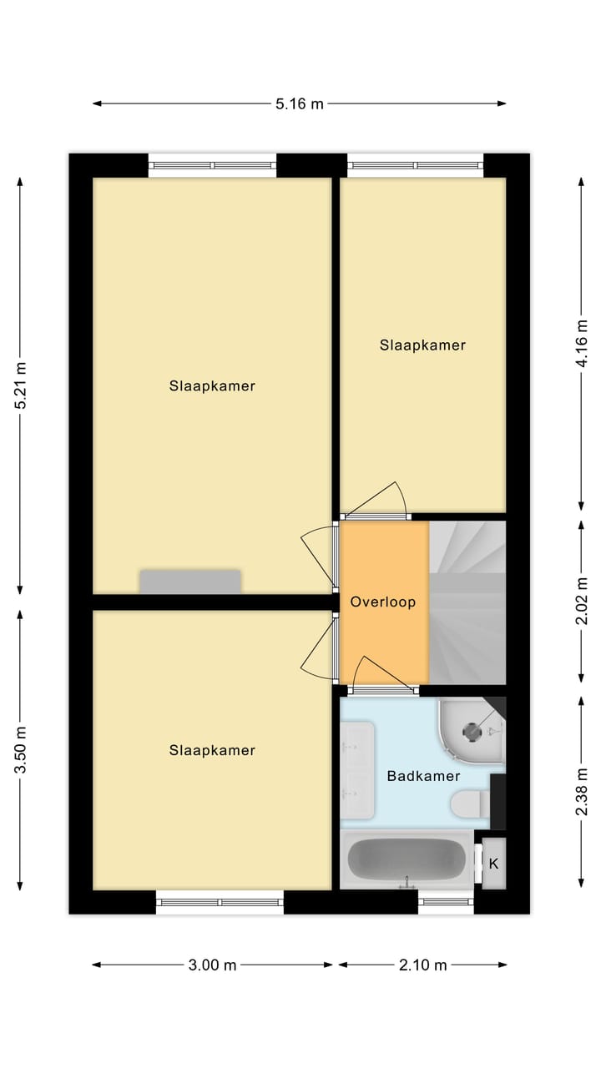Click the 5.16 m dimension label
[299, 103]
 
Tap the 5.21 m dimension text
[21, 385]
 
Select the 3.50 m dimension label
[21, 750]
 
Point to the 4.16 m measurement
[582, 343]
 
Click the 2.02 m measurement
[582, 601]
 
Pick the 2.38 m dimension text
[582, 792]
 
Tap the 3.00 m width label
[212, 965]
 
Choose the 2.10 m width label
[422, 965]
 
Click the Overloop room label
[383, 602]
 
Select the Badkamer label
[423, 776]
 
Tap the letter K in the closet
[493, 864]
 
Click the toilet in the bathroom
[471, 804]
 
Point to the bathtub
[407, 859]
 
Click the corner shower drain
[472, 732]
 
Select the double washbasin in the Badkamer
[357, 770]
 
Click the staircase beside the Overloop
[467, 602]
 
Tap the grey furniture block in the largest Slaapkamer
[190, 582]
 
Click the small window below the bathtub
[446, 902]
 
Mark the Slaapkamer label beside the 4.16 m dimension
[422, 345]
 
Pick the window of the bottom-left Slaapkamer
[220, 902]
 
